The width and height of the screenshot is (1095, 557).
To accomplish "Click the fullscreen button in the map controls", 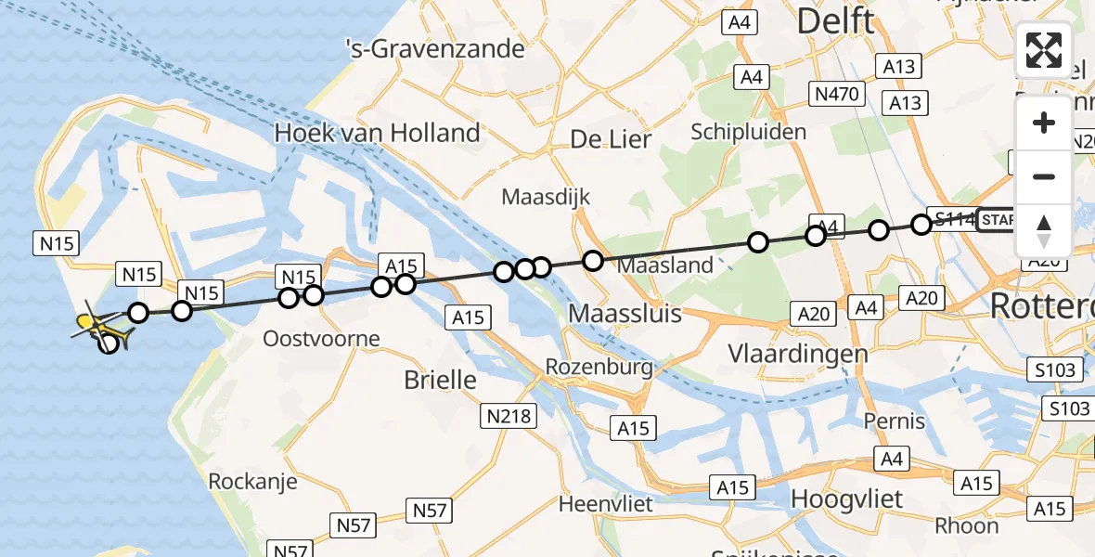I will [1044, 50].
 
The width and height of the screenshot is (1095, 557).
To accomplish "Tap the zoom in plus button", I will [1044, 123].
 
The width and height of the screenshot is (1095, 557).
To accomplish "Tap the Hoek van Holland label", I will [377, 134].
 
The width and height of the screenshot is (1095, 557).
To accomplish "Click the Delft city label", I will [835, 20].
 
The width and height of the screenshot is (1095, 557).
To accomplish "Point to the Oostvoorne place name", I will [321, 338].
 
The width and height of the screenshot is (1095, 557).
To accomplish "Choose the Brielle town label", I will [440, 380].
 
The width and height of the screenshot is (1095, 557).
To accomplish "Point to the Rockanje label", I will [252, 481].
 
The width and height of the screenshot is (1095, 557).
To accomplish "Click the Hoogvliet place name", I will [846, 499].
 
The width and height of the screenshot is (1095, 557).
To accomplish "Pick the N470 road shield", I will [838, 93].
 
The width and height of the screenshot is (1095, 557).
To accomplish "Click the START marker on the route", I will [998, 220].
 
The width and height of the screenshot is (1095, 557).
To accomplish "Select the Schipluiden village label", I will [749, 132].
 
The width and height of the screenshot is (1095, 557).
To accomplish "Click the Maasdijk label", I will [546, 198].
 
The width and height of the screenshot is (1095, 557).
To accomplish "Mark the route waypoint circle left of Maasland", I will [592, 261].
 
